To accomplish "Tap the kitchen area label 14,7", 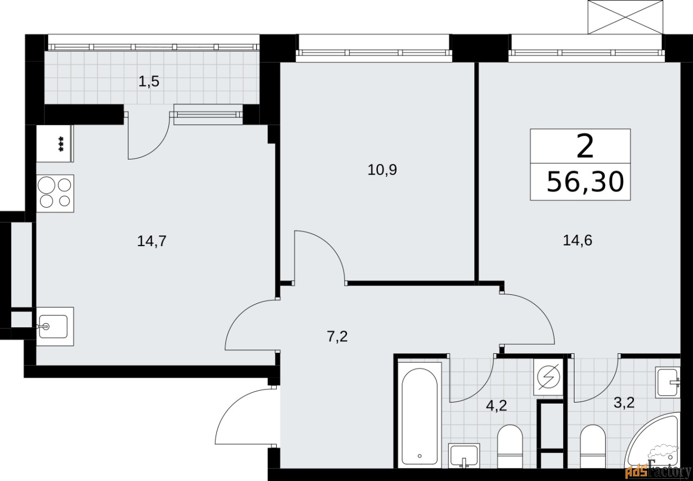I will tap(152, 241).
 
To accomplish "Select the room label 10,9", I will tap(382, 170).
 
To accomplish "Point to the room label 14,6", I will tap(578, 240).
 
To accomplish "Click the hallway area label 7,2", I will tap(337, 337).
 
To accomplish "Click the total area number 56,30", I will tap(585, 182).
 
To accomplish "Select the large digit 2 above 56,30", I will tap(585, 147).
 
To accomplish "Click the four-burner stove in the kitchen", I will tap(55, 193).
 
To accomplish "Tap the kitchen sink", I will tap(54, 326).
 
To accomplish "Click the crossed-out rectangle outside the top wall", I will tap(625, 17).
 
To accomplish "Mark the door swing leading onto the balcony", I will tap(147, 138).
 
